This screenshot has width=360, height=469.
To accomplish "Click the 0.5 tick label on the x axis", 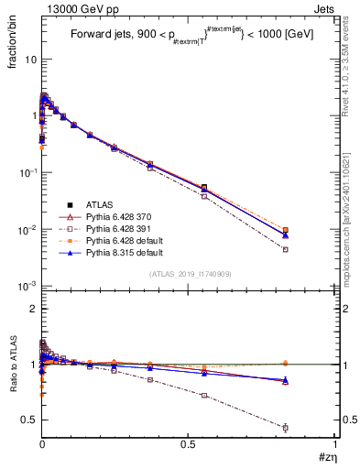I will click(x=189, y=446).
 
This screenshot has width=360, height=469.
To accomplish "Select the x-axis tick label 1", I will click(x=336, y=446).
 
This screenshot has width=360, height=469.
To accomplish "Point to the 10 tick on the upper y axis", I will click(x=29, y=59).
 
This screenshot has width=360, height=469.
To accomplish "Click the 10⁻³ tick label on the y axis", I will click(x=27, y=286).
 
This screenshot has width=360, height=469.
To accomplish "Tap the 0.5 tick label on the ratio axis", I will click(x=29, y=420).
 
